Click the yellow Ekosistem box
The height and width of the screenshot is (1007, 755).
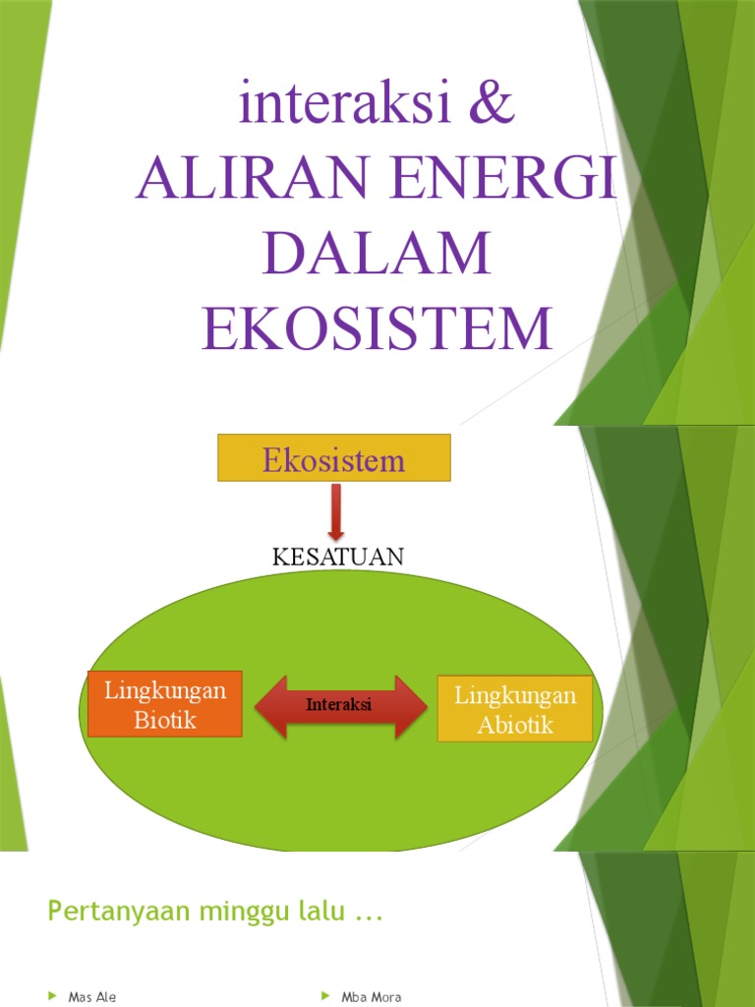333,458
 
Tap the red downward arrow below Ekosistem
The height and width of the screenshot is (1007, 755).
336,511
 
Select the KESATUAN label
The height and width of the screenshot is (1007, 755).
337,557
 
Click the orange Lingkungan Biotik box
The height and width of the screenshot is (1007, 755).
165,704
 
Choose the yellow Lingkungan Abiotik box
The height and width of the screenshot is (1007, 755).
514,709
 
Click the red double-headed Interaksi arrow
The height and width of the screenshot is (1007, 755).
339,706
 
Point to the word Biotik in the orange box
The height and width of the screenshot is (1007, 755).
165,720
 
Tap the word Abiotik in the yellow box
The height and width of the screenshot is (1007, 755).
514,726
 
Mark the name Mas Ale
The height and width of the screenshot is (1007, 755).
92,997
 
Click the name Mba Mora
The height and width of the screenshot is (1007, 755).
371,997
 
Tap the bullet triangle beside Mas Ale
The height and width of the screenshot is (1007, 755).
53,997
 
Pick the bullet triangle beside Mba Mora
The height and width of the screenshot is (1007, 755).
326,997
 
